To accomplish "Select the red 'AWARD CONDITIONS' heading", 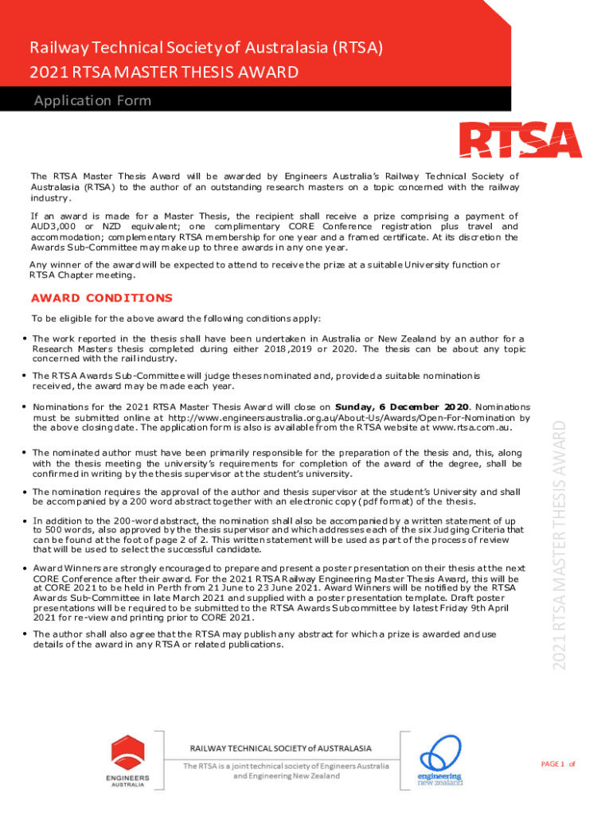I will pyautogui.click(x=101, y=298).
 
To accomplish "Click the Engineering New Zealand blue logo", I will pyautogui.click(x=440, y=753).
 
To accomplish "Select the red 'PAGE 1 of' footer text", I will pyautogui.click(x=557, y=764).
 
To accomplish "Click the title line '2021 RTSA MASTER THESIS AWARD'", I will pyautogui.click(x=164, y=73).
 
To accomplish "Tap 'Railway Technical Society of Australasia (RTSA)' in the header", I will pyautogui.click(x=206, y=48).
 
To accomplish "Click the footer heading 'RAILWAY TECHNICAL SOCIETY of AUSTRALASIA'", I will pyautogui.click(x=279, y=749).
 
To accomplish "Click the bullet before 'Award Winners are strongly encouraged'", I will pyautogui.click(x=25, y=568).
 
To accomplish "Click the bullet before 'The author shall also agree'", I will pyautogui.click(x=25, y=634).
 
